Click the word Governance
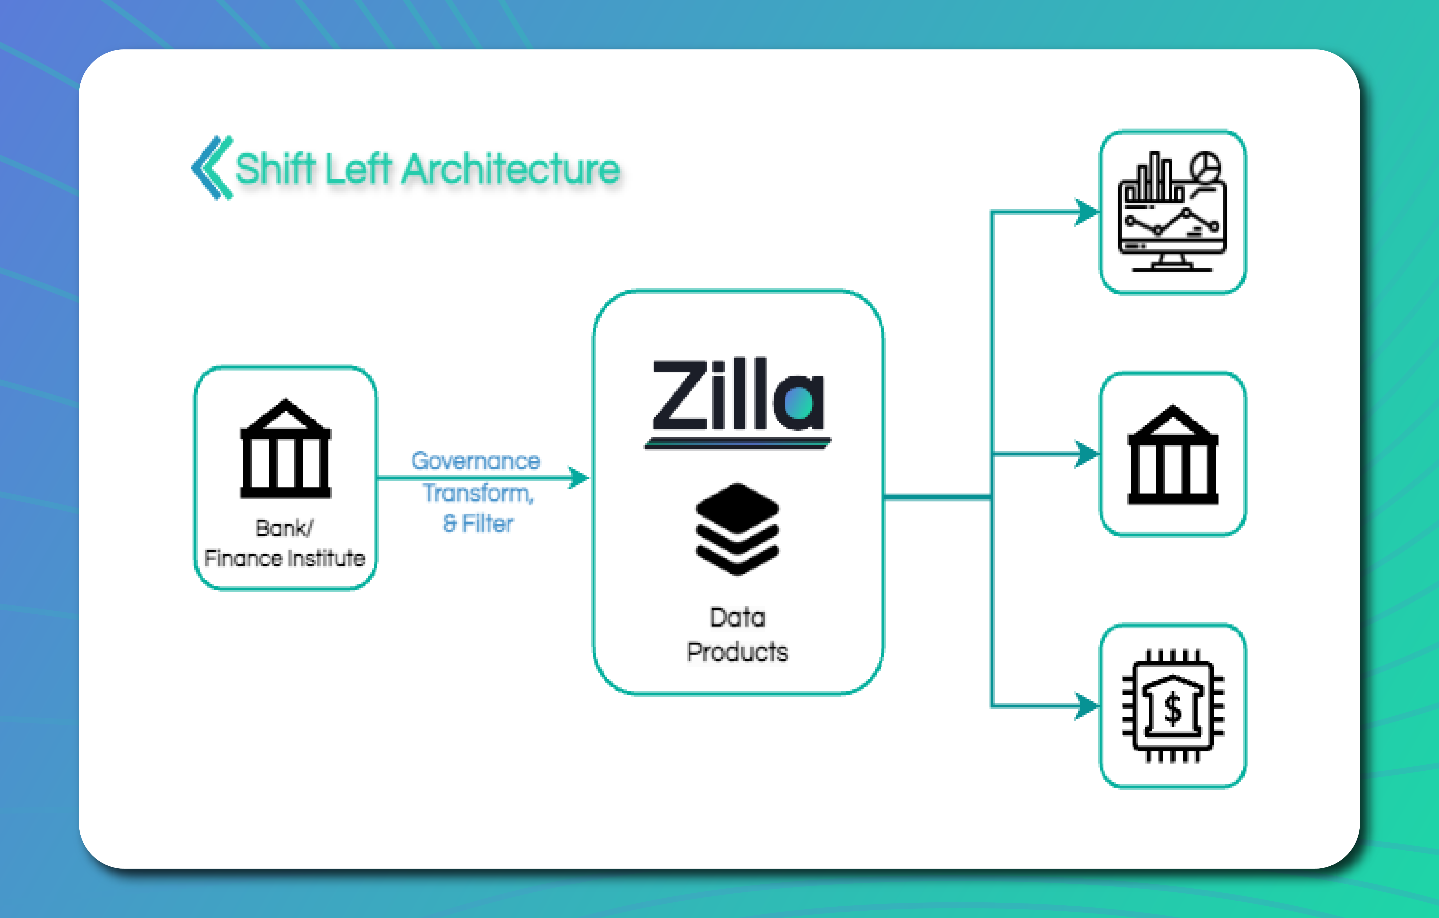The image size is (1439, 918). [476, 461]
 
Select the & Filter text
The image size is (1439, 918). [478, 524]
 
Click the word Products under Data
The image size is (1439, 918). [737, 651]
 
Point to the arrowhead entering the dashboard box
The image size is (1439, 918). [1087, 212]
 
